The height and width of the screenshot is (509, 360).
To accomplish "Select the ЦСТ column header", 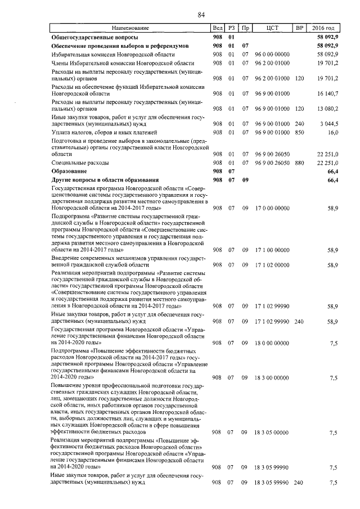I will tap(272, 28).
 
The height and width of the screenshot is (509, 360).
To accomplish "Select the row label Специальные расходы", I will tap(76, 162).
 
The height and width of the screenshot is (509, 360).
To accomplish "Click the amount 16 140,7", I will tap(327, 93).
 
